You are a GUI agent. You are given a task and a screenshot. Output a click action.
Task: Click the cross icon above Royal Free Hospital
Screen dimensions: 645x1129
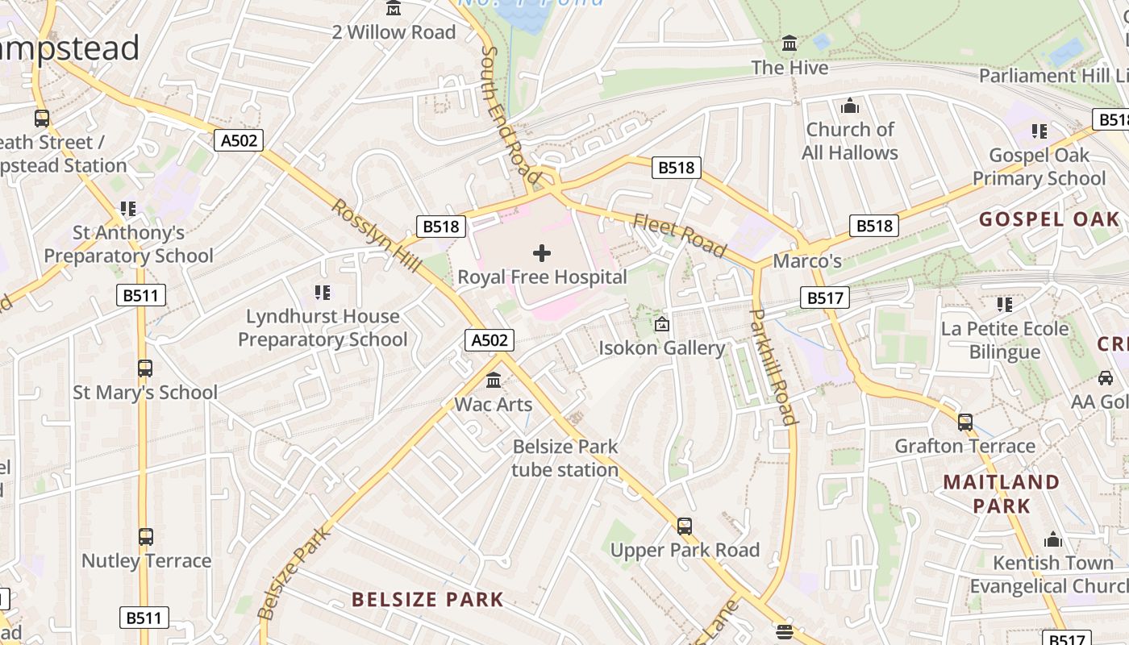542,253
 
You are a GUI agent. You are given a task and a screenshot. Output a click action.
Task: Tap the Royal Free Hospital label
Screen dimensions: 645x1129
542,277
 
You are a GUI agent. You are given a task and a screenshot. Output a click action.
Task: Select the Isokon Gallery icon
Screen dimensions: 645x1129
661,325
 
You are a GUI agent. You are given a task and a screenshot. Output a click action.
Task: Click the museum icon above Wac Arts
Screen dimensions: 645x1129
494,380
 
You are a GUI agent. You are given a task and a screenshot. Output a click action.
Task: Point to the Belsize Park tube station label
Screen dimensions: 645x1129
565,458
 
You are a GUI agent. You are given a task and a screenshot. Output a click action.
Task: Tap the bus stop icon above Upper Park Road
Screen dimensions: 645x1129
685,526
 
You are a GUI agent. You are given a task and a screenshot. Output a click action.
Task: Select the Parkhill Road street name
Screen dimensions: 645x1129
774,366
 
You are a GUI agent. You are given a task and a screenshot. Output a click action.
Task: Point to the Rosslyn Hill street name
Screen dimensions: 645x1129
377,235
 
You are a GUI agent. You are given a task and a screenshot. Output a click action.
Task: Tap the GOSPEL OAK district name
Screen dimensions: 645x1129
1049,219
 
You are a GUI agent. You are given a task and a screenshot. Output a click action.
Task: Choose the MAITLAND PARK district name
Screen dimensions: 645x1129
1001,493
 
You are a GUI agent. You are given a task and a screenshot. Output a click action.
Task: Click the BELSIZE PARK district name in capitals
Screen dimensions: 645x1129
427,600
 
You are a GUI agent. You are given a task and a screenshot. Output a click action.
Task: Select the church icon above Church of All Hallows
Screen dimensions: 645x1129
850,106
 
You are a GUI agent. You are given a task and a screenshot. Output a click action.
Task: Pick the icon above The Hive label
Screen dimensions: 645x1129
789,44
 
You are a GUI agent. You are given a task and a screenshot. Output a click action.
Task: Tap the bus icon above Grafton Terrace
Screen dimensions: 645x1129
964,422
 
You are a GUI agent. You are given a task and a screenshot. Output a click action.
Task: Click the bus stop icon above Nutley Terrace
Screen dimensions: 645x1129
146,537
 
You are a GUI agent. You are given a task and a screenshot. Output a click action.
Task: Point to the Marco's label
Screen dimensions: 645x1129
807,261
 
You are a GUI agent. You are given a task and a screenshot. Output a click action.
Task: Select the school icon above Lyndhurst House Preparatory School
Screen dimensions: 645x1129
323,293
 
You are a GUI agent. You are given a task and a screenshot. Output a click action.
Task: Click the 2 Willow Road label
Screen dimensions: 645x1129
394,32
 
